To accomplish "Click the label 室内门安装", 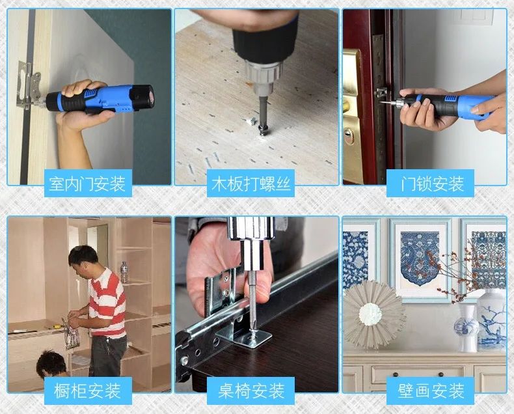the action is coord(87,184).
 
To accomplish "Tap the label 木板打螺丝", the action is coord(250,184).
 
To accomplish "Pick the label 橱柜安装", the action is coord(87,391).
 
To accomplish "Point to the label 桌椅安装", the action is coord(250,391).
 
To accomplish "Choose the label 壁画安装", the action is coord(431,391).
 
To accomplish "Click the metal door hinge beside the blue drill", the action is coord(29,84).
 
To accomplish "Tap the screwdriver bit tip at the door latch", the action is coord(383,103).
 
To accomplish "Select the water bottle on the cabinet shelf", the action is coord(124,272).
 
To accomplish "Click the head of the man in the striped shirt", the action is coord(83,260).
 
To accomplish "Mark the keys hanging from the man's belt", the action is coord(107,346).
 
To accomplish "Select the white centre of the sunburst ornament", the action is coord(370,314).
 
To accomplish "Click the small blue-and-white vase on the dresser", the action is coord(466,329).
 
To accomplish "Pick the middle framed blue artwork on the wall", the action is coord(420,260).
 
